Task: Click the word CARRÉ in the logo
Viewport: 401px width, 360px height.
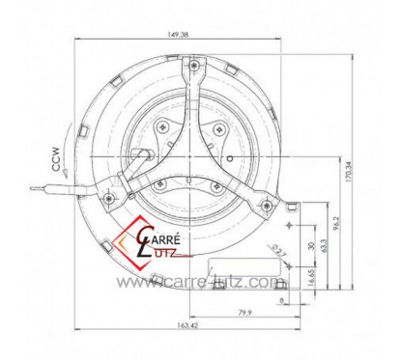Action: tap(157, 233)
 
